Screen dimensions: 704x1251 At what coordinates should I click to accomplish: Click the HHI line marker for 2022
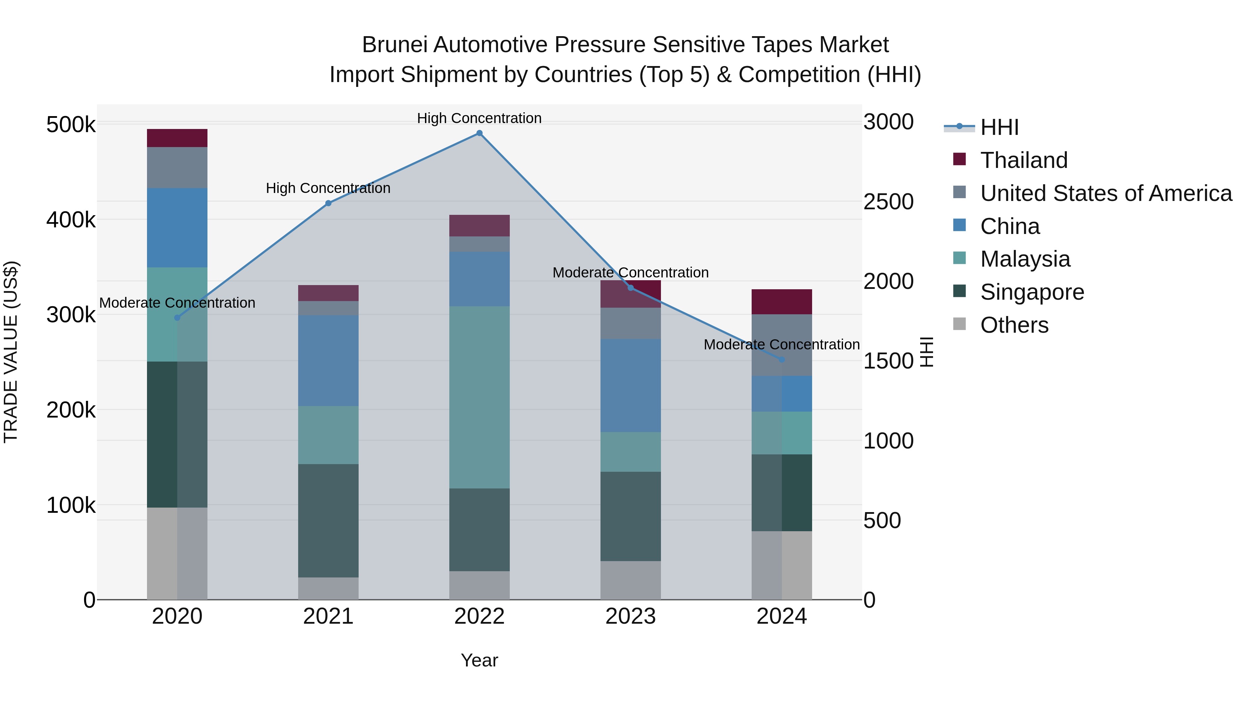[x=479, y=133]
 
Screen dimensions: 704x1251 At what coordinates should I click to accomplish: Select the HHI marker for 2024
[x=782, y=359]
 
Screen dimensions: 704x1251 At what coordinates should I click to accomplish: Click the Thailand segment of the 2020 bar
[x=177, y=138]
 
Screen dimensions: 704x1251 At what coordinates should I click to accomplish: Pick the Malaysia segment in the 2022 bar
[x=479, y=397]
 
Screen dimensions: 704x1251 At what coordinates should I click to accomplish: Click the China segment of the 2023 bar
[x=630, y=385]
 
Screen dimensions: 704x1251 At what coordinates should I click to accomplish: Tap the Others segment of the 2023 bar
[x=630, y=580]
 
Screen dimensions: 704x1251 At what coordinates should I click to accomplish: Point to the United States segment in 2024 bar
[x=782, y=345]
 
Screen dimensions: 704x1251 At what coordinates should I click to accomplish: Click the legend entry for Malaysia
[x=1025, y=259]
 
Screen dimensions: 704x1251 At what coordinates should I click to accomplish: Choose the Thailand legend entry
[x=1024, y=160]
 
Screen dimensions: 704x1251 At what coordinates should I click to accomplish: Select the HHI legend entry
[x=999, y=127]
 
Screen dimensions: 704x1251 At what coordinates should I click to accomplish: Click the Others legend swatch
[x=959, y=324]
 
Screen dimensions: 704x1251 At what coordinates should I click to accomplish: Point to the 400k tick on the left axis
[x=71, y=220]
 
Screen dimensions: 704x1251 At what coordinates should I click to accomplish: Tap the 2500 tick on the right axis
[x=888, y=202]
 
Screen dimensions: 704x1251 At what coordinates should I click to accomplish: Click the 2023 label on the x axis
[x=630, y=616]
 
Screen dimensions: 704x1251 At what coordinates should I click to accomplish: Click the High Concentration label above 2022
[x=479, y=118]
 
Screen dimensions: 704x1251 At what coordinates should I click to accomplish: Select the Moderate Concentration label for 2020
[x=177, y=303]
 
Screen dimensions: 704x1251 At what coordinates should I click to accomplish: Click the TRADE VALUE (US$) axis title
[x=11, y=352]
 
